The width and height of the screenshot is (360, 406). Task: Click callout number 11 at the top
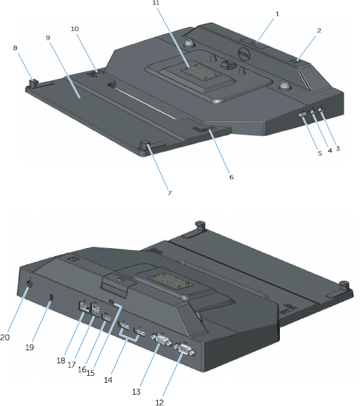pyautogui.click(x=156, y=3)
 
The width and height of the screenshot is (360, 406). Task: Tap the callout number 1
pyautogui.click(x=277, y=14)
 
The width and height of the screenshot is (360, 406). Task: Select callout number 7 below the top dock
pyautogui.click(x=170, y=193)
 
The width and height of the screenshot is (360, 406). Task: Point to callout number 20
pyautogui.click(x=5, y=337)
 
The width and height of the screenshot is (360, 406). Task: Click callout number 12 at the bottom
pyautogui.click(x=160, y=402)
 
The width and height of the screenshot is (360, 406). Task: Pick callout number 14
pyautogui.click(x=108, y=380)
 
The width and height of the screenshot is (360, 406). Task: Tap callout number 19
pyautogui.click(x=29, y=347)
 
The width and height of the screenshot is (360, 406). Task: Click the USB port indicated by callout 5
pyautogui.click(x=302, y=114)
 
